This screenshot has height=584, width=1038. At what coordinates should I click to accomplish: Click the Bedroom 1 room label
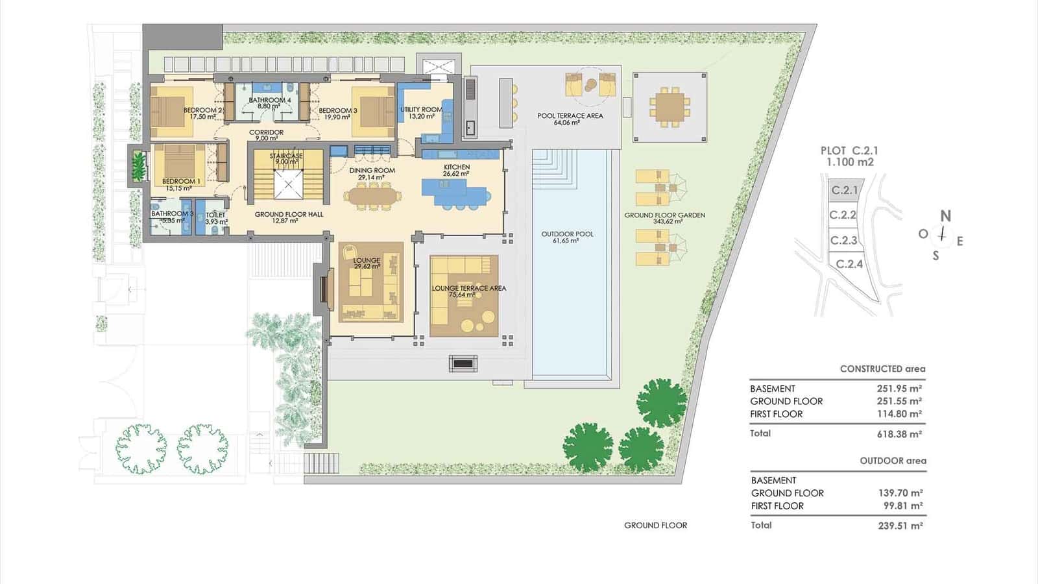tap(181, 181)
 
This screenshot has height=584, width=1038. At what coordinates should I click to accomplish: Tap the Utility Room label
tap(421, 110)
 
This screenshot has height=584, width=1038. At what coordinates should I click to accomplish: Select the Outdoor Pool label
tap(567, 234)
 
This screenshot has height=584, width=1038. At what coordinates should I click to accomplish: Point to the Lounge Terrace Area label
tap(469, 288)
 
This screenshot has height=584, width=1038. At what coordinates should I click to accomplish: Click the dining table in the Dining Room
tap(372, 197)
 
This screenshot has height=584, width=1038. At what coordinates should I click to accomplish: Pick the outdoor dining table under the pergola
tap(670, 107)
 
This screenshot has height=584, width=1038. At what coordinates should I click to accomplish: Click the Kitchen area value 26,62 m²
tap(456, 174)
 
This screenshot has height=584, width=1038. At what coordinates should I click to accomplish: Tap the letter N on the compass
tap(945, 216)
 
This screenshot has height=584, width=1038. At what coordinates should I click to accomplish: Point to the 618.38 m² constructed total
tap(899, 434)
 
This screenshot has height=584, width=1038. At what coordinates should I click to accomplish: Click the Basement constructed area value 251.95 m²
tap(899, 389)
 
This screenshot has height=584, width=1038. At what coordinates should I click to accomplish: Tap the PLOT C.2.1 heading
tap(849, 151)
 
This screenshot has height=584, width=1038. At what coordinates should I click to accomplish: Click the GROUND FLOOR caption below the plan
tap(655, 525)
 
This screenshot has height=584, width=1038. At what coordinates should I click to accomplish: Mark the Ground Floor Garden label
tap(664, 215)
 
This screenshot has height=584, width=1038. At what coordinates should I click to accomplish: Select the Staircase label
tap(286, 156)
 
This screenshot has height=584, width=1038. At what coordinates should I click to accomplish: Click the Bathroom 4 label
tap(270, 100)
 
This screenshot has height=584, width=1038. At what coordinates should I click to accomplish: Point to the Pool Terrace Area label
tap(570, 116)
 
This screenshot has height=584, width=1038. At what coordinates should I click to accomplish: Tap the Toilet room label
tap(215, 215)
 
